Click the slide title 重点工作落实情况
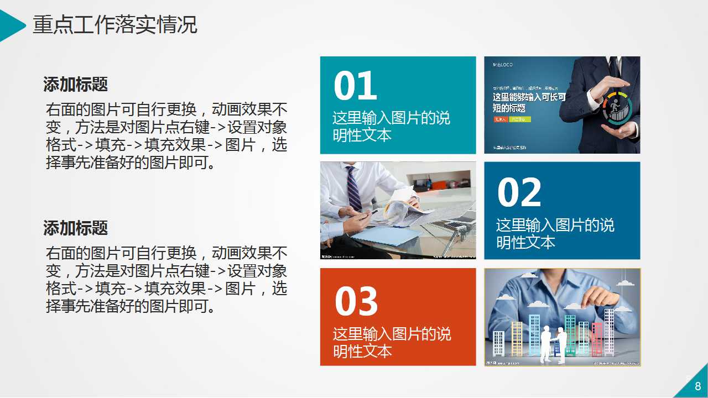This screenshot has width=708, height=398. pos(115,25)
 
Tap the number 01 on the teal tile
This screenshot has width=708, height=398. pos(355,87)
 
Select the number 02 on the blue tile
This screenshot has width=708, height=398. pos(519,193)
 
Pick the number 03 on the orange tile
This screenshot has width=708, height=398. pos(356,301)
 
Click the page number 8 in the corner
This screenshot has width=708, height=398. pos(697,386)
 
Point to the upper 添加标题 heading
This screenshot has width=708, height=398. pos(75,85)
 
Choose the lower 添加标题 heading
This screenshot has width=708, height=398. pos(75,228)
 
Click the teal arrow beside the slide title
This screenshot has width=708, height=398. pos(11,25)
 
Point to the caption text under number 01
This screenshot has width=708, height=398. pos(391,127)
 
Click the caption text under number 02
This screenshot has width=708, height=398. pos(555,233)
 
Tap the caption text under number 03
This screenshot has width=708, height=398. pos(392,342)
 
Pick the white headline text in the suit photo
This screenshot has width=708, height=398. pos(529,102)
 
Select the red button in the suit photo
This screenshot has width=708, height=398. pos(501,119)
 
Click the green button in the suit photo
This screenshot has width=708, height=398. pos(520,119)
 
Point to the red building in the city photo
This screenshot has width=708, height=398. pos(597,338)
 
